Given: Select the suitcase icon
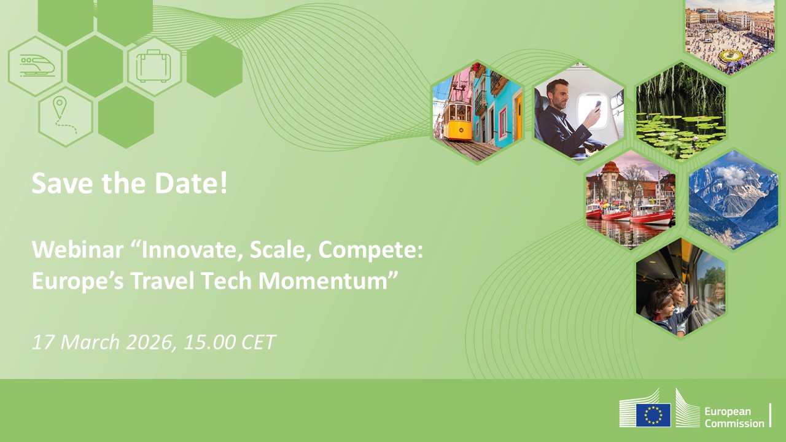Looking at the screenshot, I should coord(154,66).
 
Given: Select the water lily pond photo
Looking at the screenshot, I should coord(680,110).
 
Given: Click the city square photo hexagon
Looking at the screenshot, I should coord(730,34).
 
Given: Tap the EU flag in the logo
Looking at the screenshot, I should coord(653,414).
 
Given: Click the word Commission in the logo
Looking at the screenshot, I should coord(734,423).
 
